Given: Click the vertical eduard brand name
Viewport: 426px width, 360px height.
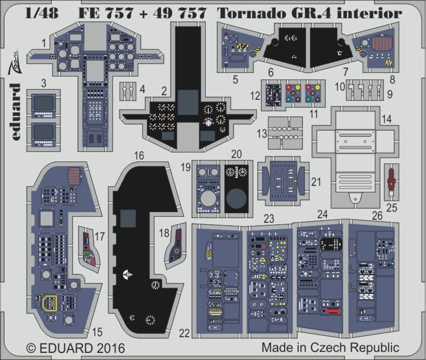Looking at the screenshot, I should point(16,112).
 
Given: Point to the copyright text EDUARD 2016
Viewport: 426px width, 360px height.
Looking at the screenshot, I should point(76,348).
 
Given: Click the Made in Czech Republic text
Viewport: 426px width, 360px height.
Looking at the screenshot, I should point(330,347).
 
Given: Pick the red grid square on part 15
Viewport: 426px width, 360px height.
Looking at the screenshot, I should point(74,175).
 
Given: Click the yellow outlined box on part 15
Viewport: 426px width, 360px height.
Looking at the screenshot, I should point(51,302).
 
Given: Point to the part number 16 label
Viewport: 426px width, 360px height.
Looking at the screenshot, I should point(139,156).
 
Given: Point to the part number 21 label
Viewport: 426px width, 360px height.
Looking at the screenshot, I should point(316,182).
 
